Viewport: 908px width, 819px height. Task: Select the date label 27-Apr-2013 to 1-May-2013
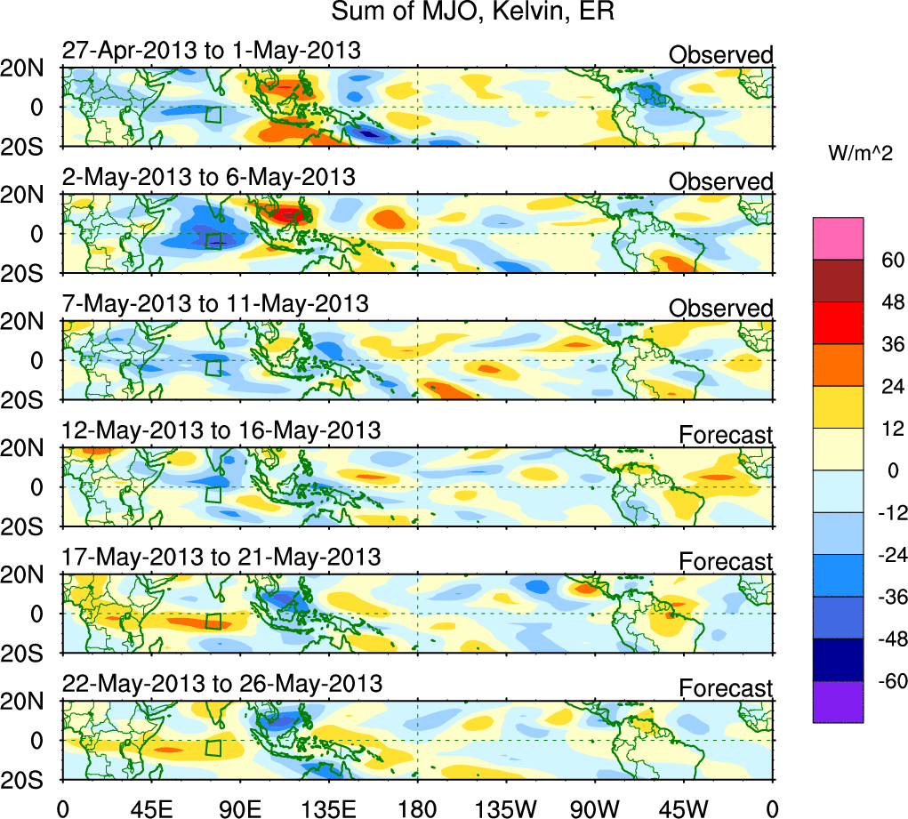212,51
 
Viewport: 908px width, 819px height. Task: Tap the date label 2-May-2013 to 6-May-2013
209,177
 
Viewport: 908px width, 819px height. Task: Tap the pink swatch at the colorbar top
838,238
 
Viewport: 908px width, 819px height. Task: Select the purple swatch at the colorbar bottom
838,702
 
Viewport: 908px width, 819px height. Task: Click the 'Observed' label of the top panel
721,55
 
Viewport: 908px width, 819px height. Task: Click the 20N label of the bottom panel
29,702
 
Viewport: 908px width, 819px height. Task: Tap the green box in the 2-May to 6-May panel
213,240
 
